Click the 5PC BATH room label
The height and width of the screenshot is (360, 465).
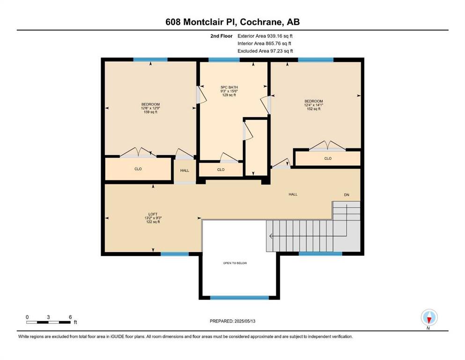pyautogui.click(x=229, y=87)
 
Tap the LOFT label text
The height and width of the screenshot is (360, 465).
pyautogui.click(x=153, y=214)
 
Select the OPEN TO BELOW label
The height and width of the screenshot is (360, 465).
pyautogui.click(x=235, y=263)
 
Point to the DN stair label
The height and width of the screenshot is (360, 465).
pyautogui.click(x=347, y=195)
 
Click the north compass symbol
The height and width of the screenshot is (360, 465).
pyautogui.click(x=429, y=317)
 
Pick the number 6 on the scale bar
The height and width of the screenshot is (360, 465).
pyautogui.click(x=70, y=317)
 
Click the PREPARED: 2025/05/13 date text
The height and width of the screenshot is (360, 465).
pyautogui.click(x=232, y=321)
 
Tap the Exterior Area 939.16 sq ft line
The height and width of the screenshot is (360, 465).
pyautogui.click(x=265, y=36)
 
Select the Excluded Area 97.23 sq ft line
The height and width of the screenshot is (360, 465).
pyautogui.click(x=265, y=51)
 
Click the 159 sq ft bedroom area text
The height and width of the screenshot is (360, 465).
pyautogui.click(x=150, y=112)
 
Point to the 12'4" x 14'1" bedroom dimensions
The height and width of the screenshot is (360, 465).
pyautogui.click(x=313, y=105)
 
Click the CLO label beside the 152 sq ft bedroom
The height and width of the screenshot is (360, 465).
pyautogui.click(x=328, y=158)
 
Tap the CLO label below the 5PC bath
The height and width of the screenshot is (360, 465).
pyautogui.click(x=221, y=170)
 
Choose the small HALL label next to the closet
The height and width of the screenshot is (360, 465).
pyautogui.click(x=185, y=171)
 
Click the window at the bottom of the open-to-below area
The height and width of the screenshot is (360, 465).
pyautogui.click(x=239, y=297)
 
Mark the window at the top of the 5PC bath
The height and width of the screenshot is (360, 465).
pyautogui.click(x=224, y=60)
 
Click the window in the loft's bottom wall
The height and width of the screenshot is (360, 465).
pyautogui.click(x=175, y=254)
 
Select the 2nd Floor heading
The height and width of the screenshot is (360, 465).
pyautogui.click(x=221, y=36)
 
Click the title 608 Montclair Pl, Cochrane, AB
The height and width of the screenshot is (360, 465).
pyautogui.click(x=232, y=22)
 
